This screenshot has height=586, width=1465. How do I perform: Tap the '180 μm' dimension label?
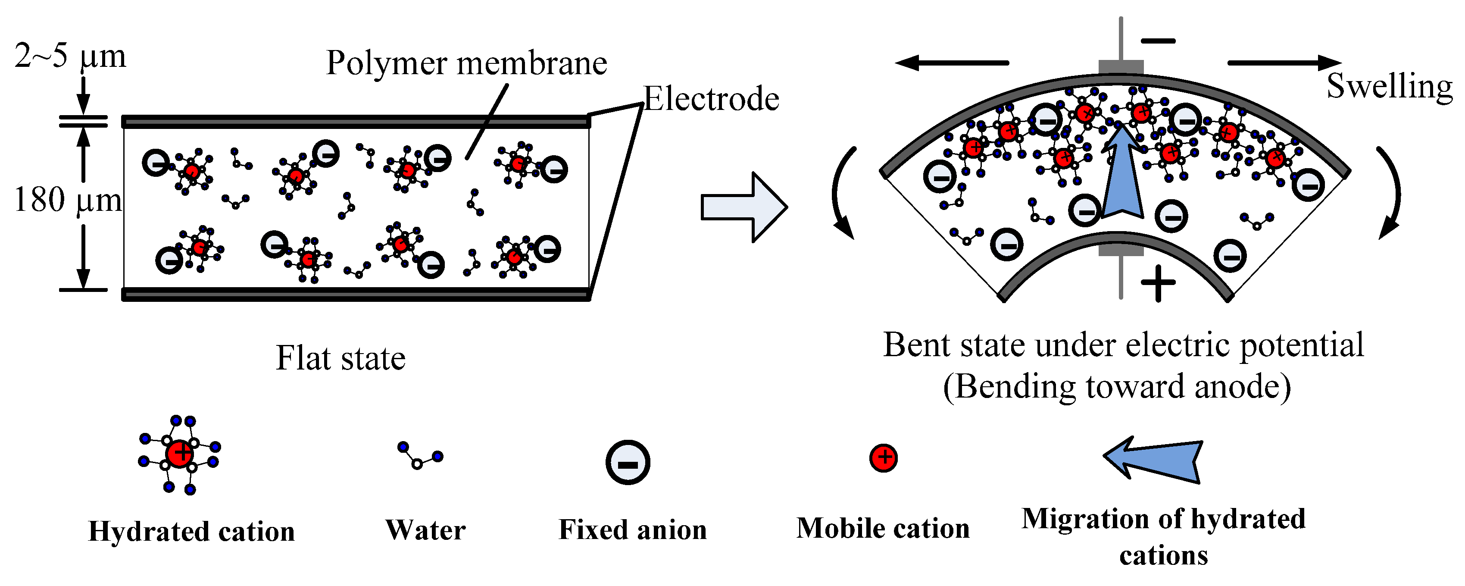tap(68, 200)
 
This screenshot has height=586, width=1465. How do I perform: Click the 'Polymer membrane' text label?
tap(466, 63)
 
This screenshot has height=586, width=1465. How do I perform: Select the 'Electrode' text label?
tap(711, 99)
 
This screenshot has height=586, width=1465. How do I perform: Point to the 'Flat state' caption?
tap(340, 358)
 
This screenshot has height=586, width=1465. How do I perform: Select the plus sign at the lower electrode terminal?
tap(1158, 283)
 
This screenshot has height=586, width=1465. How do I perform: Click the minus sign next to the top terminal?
tap(1158, 41)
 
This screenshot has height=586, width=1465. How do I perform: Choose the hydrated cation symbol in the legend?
tap(179, 454)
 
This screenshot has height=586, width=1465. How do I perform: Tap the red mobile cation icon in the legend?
tap(883, 458)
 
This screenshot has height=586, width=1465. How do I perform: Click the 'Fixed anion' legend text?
tap(632, 530)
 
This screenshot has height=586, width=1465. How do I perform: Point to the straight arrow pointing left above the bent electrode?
tap(953, 63)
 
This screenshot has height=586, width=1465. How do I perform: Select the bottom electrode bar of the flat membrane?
tap(356, 294)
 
